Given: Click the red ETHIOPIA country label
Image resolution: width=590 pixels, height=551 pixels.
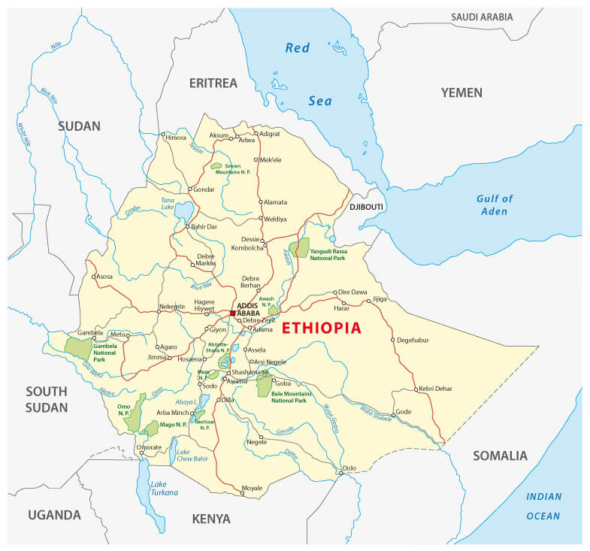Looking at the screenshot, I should (x=321, y=328).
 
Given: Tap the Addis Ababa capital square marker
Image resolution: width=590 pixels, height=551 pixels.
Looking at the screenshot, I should (x=233, y=313).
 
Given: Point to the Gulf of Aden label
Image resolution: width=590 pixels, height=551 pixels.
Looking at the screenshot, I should (x=494, y=204).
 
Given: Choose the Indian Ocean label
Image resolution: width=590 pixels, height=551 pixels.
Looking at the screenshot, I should (x=543, y=506).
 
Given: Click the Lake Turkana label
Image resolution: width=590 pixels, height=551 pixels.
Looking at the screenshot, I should (x=164, y=488).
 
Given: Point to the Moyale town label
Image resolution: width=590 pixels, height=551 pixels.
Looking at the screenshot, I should (x=252, y=488).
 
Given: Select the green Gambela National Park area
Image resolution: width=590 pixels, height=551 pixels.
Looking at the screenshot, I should (x=77, y=347).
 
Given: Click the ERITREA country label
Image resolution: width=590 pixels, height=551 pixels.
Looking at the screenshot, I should (x=213, y=83).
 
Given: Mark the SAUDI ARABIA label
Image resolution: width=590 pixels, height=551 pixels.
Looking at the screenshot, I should (x=482, y=17).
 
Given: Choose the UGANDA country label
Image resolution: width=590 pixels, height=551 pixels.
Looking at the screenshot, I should (x=54, y=515).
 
